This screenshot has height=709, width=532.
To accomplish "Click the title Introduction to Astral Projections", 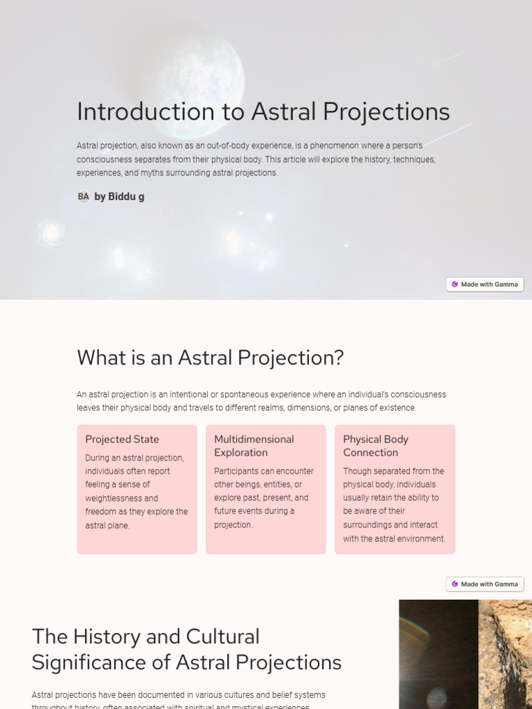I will pyautogui.click(x=263, y=111).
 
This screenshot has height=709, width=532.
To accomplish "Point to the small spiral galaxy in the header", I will pyautogui.click(x=51, y=233).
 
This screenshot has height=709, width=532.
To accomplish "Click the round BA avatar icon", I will pyautogui.click(x=83, y=197).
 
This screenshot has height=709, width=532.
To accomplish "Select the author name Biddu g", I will pyautogui.click(x=119, y=197).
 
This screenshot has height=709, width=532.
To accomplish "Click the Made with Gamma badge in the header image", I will pyautogui.click(x=485, y=285).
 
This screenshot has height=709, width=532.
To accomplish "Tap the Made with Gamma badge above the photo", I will pyautogui.click(x=485, y=584).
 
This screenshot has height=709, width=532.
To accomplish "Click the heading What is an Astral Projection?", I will pyautogui.click(x=210, y=358).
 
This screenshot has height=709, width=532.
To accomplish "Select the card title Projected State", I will pyautogui.click(x=122, y=440).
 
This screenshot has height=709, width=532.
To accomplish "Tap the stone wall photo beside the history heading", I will pyautogui.click(x=465, y=654).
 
